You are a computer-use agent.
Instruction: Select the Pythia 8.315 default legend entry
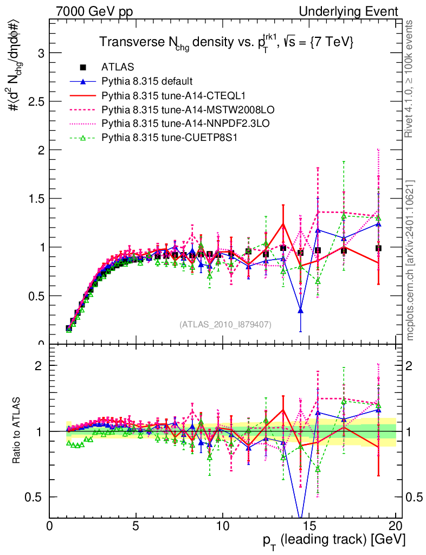click(x=147, y=81)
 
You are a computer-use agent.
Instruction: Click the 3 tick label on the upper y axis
click(x=40, y=53)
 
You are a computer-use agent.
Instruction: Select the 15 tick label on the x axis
click(x=309, y=526)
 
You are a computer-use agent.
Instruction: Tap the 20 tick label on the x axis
click(x=396, y=526)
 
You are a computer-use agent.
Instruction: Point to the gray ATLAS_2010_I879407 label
click(x=225, y=324)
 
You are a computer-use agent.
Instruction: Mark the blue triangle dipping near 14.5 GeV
click(x=301, y=311)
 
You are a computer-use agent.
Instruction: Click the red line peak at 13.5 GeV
click(x=283, y=224)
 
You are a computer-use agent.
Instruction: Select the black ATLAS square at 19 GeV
click(x=378, y=248)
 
